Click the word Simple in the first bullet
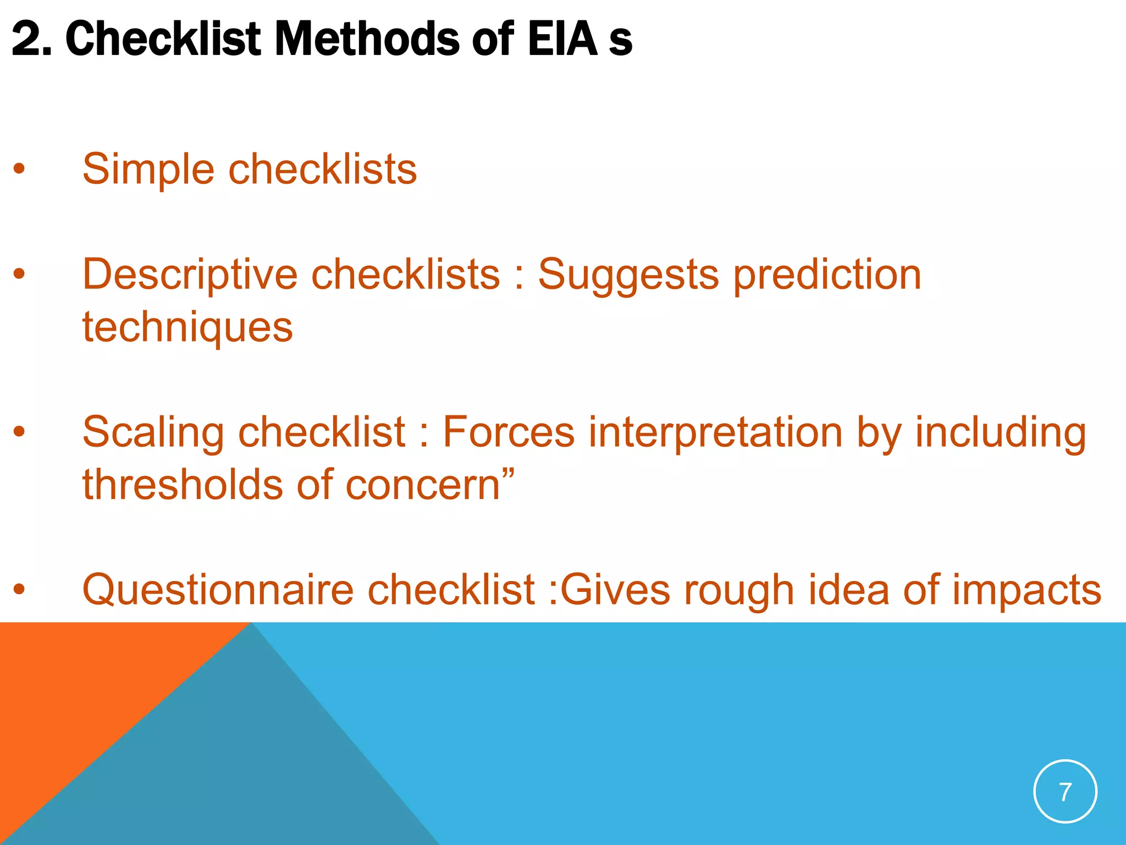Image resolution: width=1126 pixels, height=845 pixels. coord(148,169)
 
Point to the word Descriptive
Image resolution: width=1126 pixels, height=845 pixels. coord(190,275)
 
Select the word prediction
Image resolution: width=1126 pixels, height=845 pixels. coord(827,275)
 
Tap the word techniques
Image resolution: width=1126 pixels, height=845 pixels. coord(187,327)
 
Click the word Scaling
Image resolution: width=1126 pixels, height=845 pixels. coord(153,432)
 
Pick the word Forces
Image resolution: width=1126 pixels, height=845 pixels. coord(509,432)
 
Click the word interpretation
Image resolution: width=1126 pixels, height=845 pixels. coord(715,432)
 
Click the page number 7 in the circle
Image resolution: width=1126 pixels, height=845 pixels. coord(1065,792)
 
